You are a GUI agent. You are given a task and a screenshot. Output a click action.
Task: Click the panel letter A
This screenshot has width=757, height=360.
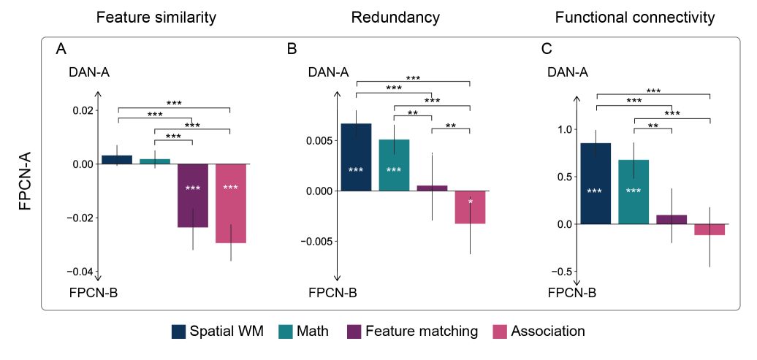(x=61, y=50)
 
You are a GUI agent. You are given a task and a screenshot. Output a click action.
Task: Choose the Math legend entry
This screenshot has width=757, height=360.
(x=303, y=331)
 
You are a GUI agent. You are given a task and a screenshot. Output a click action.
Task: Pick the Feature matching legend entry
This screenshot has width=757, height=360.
(x=412, y=331)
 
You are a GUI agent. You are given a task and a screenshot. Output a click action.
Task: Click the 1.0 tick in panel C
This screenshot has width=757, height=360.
(x=563, y=129)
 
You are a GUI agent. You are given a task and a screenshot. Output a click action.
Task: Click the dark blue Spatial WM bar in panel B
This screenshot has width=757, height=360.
(x=356, y=157)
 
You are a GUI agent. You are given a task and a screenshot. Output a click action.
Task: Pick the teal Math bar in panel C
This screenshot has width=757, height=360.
(x=634, y=191)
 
